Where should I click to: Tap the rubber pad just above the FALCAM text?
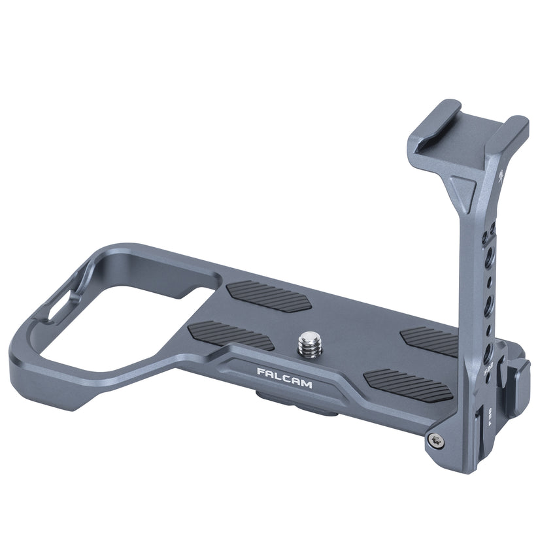[x=230, y=334]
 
